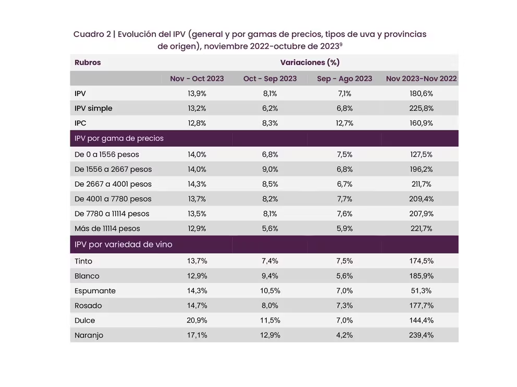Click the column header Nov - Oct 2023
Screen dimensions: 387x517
coord(196,79)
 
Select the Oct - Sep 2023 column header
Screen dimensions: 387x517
coord(269,79)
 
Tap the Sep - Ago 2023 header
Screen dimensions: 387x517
coord(344,79)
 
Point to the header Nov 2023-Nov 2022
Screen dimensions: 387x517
coord(421,79)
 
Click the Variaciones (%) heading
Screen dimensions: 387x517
coord(310,62)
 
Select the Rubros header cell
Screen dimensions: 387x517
coord(88,62)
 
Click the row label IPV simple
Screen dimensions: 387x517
coord(93,108)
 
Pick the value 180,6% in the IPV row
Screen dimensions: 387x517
coord(421,94)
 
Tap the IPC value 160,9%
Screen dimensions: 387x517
coord(421,123)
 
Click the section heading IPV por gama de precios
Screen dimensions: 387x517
coord(119,138)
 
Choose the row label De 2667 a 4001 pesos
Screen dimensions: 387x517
coord(113,184)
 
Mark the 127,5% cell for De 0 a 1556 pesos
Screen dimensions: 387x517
coord(421,154)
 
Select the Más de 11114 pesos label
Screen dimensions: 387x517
coord(107,228)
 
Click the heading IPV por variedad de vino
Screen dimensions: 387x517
coord(124,244)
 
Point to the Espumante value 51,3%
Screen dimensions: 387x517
coord(421,291)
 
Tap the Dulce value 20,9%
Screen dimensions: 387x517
coord(196,320)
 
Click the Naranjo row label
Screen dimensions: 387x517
coord(89,335)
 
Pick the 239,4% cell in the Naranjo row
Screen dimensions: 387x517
coord(421,335)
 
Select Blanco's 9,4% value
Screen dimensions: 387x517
coord(269,276)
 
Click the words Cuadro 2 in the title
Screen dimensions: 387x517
coord(92,35)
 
